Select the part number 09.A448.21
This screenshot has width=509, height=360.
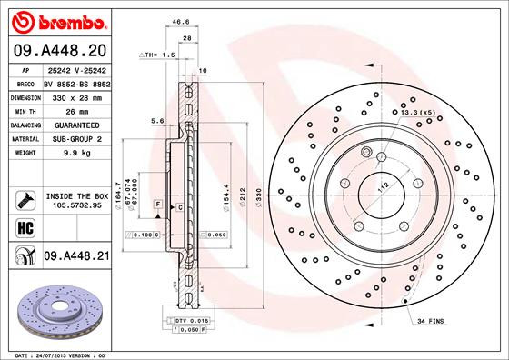click(x=76, y=256)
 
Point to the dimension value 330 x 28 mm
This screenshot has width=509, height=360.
click(x=75, y=95)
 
